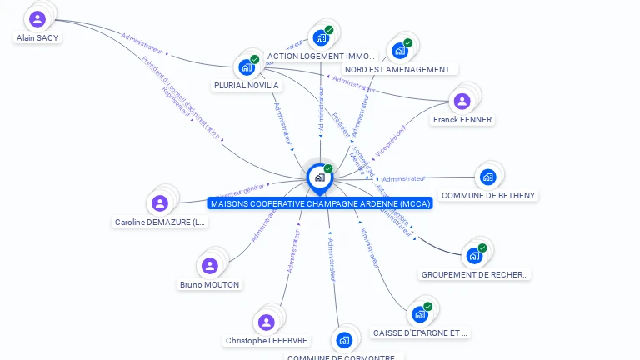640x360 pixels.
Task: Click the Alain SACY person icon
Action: tap(37, 18)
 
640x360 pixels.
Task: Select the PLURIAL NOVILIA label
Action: tap(246, 85)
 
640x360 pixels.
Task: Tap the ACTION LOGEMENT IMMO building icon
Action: tap(321, 37)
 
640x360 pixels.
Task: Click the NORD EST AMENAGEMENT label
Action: tap(400, 70)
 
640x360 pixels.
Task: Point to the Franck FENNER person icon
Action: tap(462, 102)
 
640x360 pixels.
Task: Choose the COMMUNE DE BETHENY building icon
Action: tap(487, 177)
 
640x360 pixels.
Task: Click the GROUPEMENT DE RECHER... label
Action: tap(475, 274)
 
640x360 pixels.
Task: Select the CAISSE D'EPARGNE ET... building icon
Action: tap(420, 314)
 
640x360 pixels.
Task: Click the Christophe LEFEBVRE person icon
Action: tap(267, 322)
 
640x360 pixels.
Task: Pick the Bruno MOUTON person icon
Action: tap(210, 266)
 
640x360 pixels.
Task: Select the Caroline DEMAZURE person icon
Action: tap(160, 203)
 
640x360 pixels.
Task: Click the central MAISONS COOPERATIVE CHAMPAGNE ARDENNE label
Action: tap(321, 203)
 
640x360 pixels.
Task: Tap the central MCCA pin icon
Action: tap(319, 177)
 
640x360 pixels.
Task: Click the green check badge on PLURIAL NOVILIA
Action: tap(255, 59)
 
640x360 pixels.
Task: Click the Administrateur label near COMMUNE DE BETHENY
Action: tap(403, 178)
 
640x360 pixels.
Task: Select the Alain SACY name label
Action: tap(38, 37)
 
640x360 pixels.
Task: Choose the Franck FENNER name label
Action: tap(462, 120)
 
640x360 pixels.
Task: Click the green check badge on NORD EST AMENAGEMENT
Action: tap(407, 42)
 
